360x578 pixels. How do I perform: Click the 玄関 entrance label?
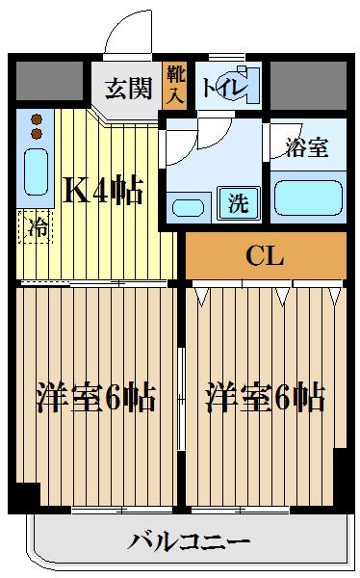(128, 89)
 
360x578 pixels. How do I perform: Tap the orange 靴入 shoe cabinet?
(175, 83)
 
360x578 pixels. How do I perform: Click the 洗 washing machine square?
(237, 203)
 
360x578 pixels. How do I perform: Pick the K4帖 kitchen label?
(103, 190)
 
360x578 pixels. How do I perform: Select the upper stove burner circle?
(38, 119)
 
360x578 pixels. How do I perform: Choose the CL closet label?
(265, 256)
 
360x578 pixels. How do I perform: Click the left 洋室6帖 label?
(96, 397)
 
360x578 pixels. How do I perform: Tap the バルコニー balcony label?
(190, 540)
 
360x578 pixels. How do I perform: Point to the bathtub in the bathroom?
(307, 197)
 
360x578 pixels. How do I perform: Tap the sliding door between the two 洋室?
(181, 395)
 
